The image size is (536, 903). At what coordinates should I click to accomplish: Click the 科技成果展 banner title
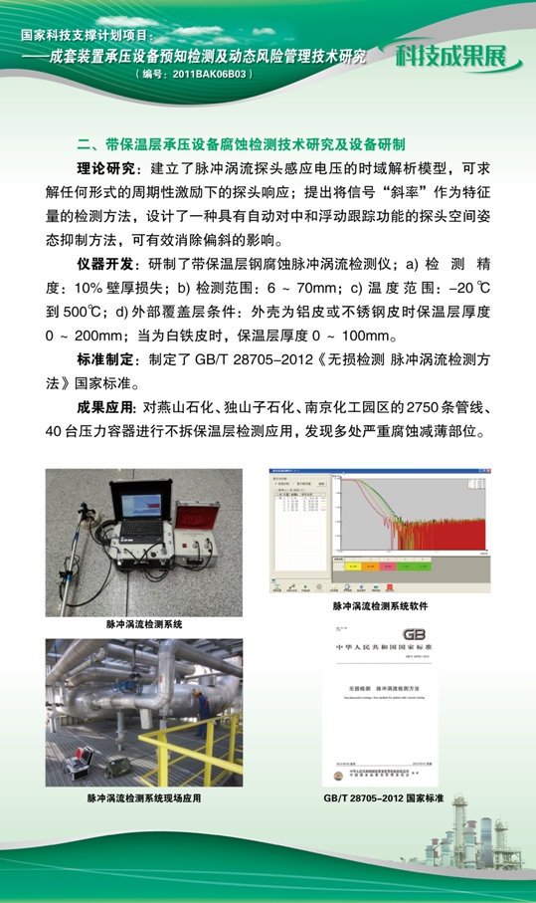pyautogui.click(x=456, y=56)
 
